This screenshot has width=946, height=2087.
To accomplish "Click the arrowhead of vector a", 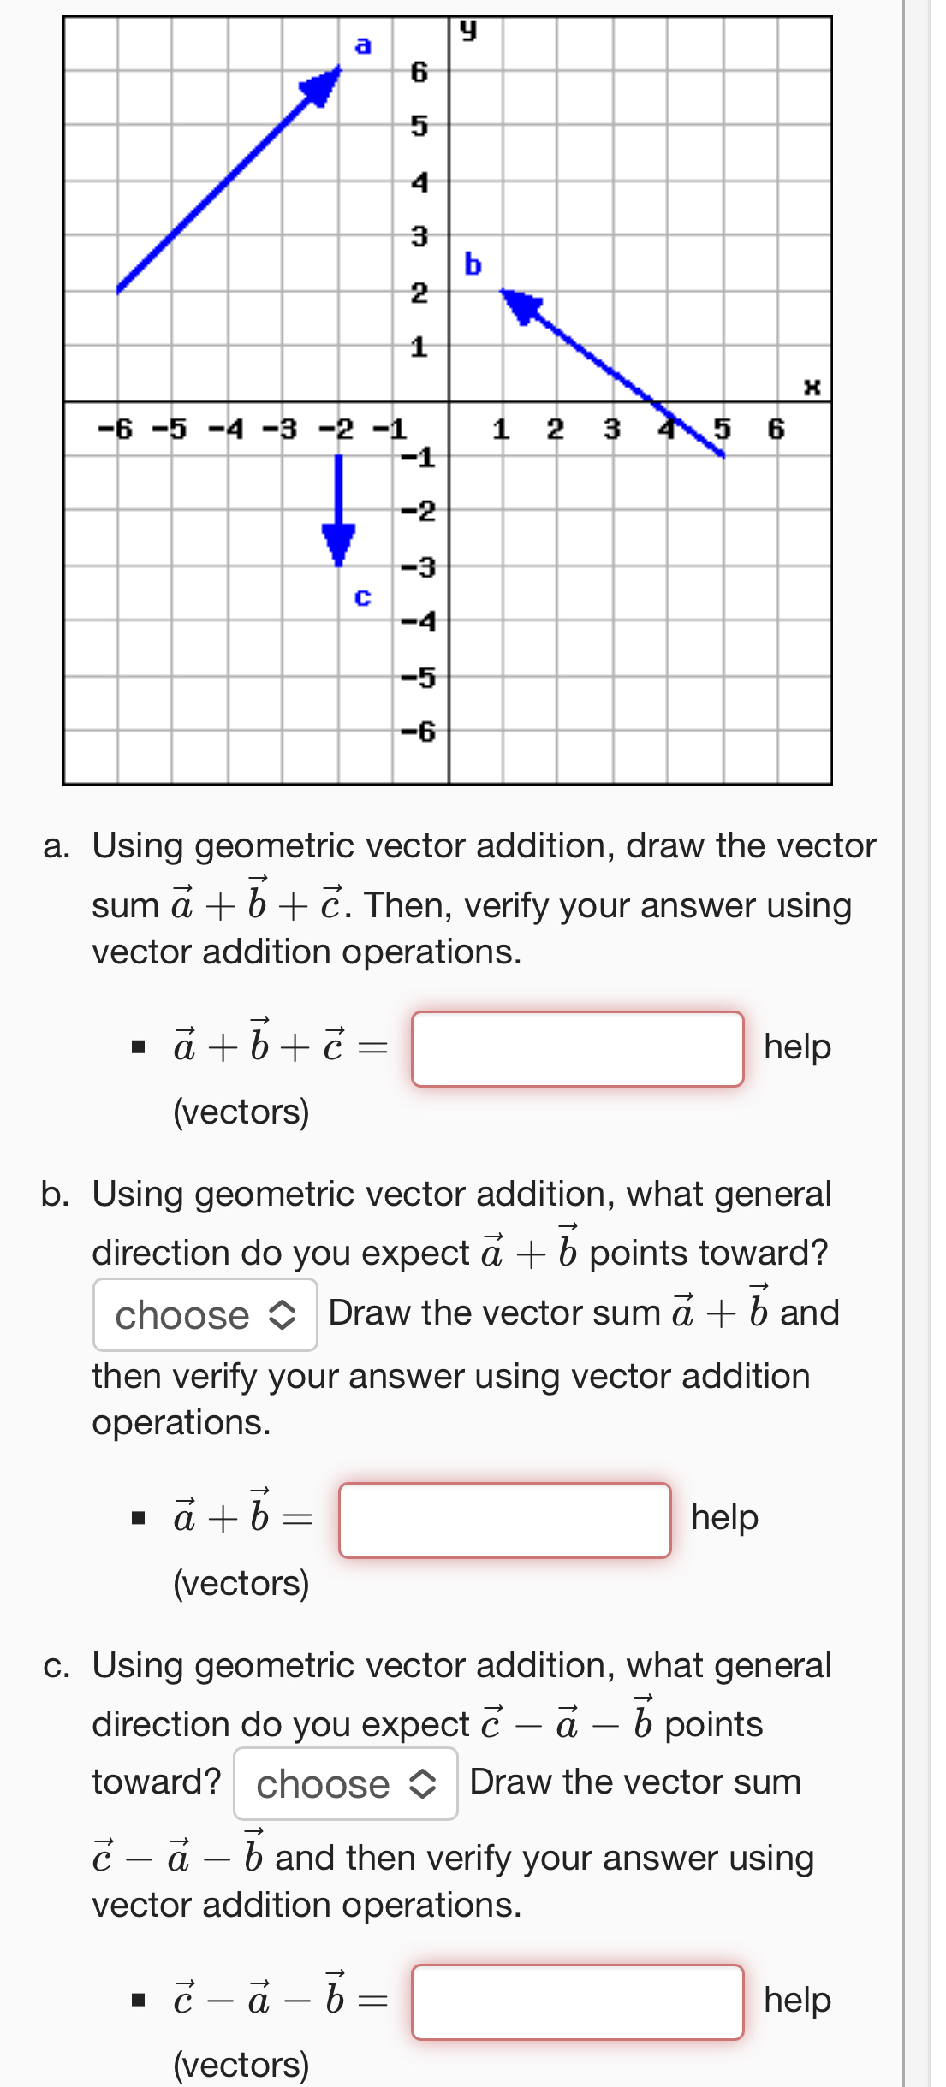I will (x=324, y=85).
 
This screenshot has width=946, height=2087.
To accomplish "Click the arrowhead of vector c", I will (x=339, y=543).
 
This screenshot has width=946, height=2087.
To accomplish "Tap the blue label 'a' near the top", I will (x=363, y=44).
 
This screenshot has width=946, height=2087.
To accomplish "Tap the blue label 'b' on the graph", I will (x=473, y=264).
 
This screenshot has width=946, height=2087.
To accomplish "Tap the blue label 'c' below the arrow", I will (x=363, y=596).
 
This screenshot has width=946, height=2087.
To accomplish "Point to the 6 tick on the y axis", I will (x=419, y=72).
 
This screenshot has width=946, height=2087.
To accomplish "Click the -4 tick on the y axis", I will (x=419, y=621).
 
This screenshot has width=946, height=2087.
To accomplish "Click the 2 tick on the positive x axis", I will (x=556, y=428).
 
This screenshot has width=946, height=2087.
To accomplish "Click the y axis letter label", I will (x=467, y=31).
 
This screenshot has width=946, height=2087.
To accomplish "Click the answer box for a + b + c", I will (x=577, y=1049).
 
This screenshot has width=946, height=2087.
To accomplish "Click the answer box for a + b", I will (x=504, y=1520).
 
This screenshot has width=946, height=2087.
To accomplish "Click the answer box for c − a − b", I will (x=577, y=2001).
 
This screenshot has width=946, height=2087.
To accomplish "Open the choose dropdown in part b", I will (x=205, y=1315).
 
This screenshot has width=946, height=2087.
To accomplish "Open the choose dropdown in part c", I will (x=346, y=1784).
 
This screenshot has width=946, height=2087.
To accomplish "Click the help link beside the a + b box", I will (x=724, y=1517).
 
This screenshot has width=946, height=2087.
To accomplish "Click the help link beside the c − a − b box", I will (x=797, y=2000).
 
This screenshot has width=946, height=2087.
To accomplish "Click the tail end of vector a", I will (x=119, y=290).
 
